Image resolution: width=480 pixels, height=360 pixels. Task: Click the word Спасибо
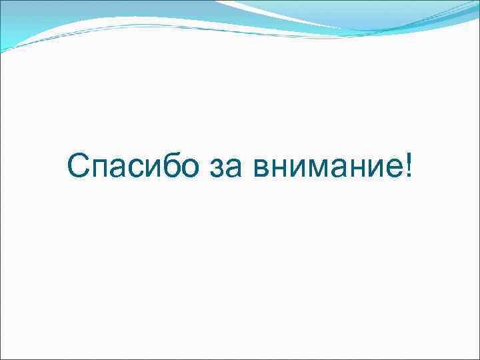pyautogui.click(x=132, y=166)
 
